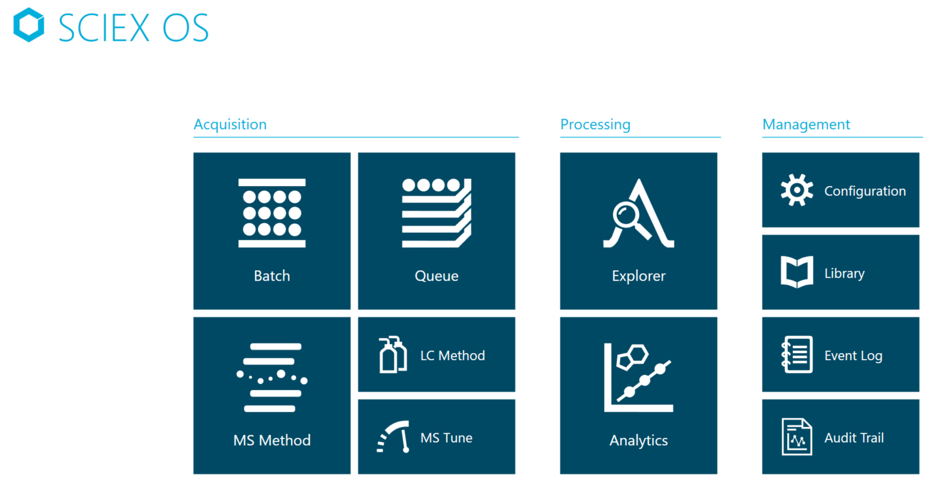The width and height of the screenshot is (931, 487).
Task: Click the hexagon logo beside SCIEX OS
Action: [x=29, y=25]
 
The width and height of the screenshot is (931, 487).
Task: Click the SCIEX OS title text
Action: [x=134, y=28]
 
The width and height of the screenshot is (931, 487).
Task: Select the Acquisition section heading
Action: [x=230, y=124]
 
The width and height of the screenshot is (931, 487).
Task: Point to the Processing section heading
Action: [x=595, y=124]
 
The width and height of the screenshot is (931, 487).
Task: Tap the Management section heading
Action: [x=806, y=124]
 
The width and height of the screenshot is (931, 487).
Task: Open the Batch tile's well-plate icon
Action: [x=272, y=213]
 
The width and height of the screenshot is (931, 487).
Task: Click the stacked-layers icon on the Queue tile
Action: [x=436, y=213]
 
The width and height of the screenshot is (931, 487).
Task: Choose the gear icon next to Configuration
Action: [x=797, y=190]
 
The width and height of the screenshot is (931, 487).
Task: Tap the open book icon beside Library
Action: [x=797, y=272]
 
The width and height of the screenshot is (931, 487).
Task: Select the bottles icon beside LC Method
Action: [x=393, y=355]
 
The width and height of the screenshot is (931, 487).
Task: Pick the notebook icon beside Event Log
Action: [x=797, y=354]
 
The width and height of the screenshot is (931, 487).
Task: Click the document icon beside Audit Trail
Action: [x=797, y=437]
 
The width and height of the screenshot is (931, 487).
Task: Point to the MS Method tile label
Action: [x=272, y=440]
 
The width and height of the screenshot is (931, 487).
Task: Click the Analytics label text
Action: [x=639, y=440]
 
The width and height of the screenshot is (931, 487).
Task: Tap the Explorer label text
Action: [x=639, y=276]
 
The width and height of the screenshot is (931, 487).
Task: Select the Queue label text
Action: [x=436, y=276]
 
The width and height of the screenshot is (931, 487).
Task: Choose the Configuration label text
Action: [x=865, y=191]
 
